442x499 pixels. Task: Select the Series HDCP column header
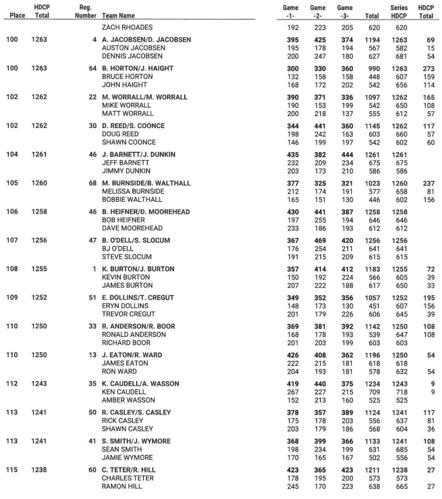pos(399,11)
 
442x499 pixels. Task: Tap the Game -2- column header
pos(318,11)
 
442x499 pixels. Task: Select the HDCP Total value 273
pos(426,68)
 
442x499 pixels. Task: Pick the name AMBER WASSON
pos(128,400)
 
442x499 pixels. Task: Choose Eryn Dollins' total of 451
pos(372,306)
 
